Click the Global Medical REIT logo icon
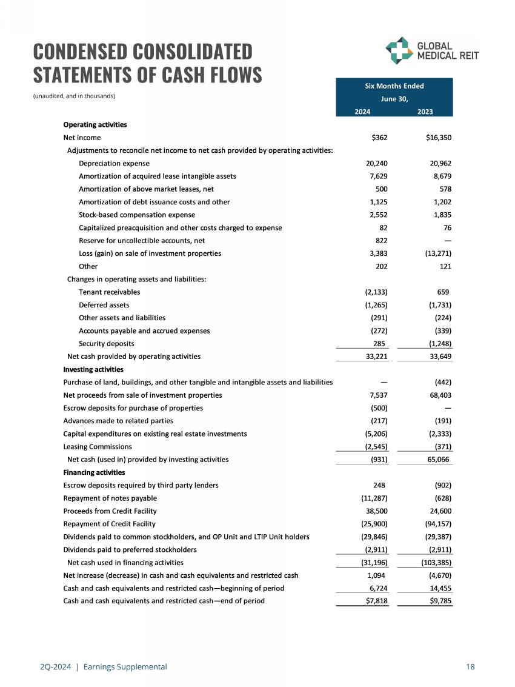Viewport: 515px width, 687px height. [398, 50]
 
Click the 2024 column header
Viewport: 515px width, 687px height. [363, 112]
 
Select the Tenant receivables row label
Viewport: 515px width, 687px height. [109, 292]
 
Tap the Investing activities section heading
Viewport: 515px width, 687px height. [93, 369]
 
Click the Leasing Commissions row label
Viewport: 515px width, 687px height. [98, 446]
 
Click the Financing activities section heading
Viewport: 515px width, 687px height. [94, 472]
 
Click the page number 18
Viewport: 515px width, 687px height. [470, 667]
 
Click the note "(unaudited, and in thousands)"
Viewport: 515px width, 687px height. [73, 96]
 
